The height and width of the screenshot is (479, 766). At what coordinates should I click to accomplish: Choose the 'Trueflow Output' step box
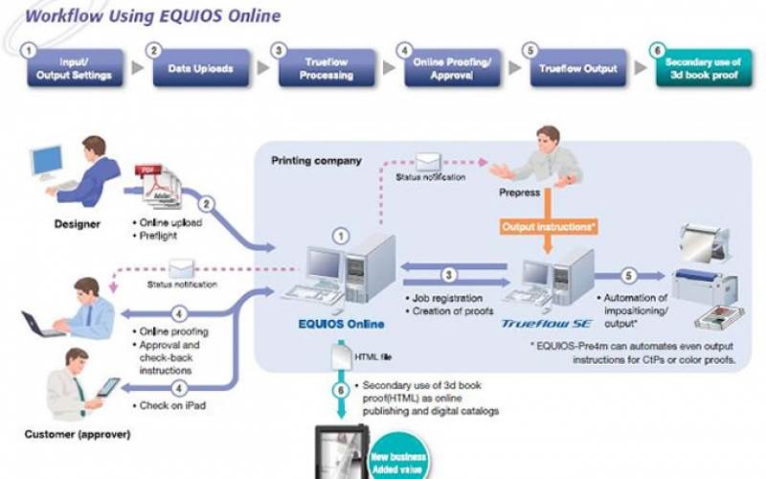click(x=578, y=69)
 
